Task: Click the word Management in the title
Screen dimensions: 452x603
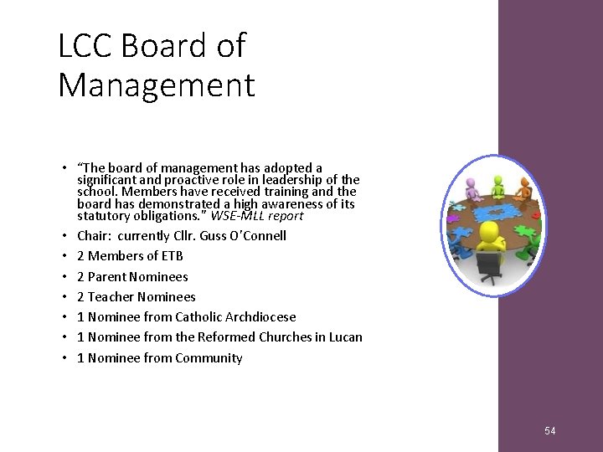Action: point(156,85)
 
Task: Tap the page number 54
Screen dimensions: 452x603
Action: point(549,431)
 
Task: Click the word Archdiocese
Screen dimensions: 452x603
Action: point(260,316)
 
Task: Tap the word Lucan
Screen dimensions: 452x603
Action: point(347,337)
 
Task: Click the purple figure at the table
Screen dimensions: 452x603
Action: point(472,185)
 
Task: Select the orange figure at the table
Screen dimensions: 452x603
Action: point(526,188)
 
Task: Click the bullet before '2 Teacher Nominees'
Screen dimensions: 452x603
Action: point(64,297)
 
